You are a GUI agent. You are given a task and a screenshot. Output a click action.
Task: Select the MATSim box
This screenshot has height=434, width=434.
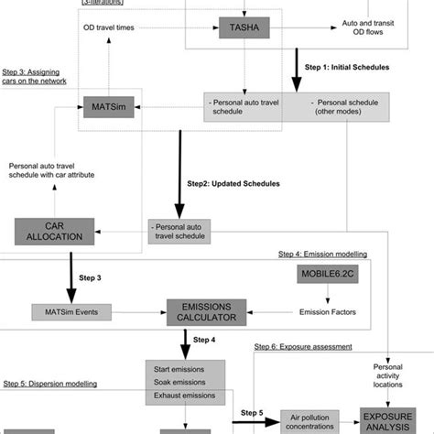pos(107,107)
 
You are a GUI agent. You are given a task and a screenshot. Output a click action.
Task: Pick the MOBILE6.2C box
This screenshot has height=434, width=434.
pos(327,276)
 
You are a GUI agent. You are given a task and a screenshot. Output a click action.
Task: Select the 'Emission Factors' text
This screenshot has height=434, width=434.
pos(327,312)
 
